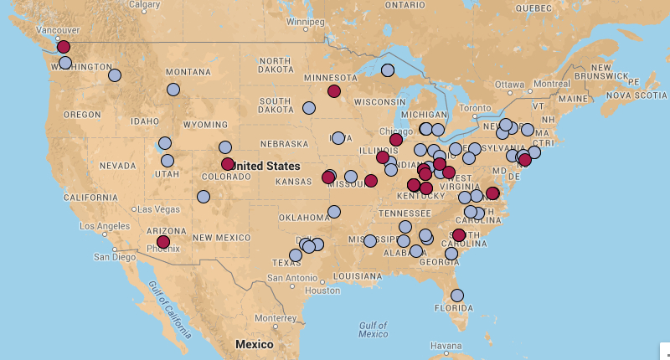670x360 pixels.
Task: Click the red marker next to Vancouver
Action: coord(64,47)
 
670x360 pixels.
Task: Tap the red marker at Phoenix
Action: coord(163,241)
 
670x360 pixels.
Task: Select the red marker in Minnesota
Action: coord(334,91)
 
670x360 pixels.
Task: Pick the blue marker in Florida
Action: coord(457,295)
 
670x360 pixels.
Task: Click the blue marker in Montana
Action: coord(173,90)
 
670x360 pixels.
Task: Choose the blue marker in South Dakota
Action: coord(309,108)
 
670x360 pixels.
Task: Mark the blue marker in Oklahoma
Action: coord(334,211)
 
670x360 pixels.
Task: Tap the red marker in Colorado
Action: coord(228,164)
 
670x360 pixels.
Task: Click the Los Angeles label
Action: coord(104,226)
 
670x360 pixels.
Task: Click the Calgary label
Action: coord(145,5)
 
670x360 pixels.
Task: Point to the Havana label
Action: coord(446,346)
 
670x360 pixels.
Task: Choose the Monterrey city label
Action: coord(276,317)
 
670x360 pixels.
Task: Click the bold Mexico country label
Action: coord(254,344)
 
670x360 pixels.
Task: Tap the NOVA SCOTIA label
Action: coord(636,95)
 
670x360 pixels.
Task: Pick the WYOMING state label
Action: coord(204,124)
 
